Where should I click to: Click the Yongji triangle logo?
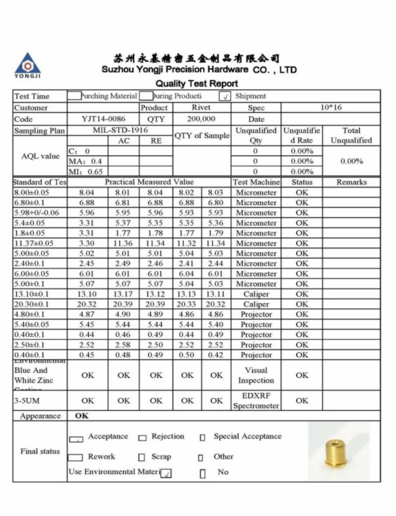coord(27,63)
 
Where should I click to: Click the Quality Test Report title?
coord(197,83)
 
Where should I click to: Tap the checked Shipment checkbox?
coord(224,97)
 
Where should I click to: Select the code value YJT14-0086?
coord(103,119)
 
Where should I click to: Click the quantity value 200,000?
coord(201,119)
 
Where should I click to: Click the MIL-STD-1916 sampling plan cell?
coord(120,130)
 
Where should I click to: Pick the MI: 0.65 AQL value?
coord(86,172)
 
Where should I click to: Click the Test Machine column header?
coord(256,183)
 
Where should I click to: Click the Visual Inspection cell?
coord(256,375)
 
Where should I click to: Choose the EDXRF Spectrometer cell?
coord(256,401)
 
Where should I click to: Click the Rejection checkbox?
coord(143,438)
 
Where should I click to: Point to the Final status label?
coord(40,451)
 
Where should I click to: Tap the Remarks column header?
coord(351,183)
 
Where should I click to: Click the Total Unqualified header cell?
coord(351,135)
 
